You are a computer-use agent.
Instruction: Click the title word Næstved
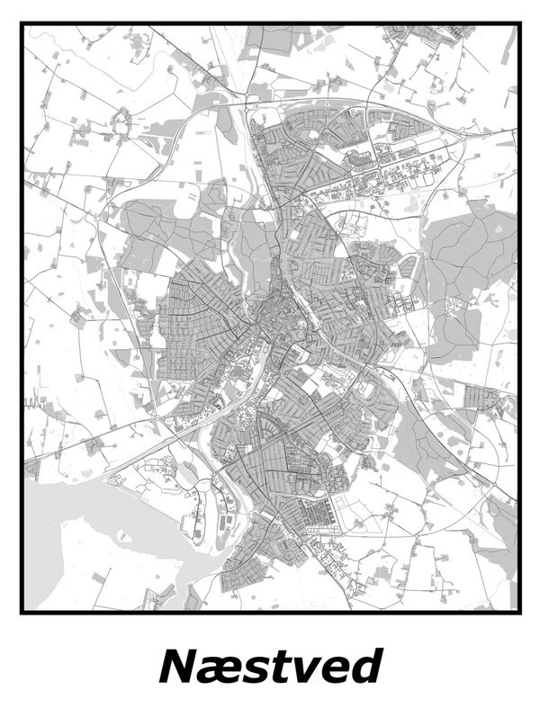[270, 668]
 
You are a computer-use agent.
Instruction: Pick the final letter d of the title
[365, 668]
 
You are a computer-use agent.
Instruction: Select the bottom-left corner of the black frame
[22, 612]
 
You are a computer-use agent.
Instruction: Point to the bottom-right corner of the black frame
[519, 612]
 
